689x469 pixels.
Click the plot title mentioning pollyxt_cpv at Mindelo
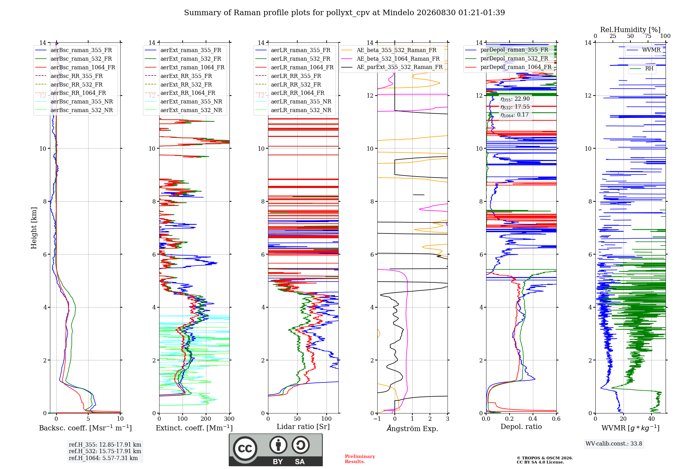click(344, 13)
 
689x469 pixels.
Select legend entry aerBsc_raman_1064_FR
click(83, 67)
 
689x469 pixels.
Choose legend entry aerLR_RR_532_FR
click(296, 84)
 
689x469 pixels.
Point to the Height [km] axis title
click(34, 228)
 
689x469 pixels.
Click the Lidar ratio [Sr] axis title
click(303, 427)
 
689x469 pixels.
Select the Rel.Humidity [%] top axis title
click(630, 30)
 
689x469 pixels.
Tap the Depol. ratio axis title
click(521, 427)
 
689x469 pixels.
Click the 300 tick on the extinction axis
click(229, 419)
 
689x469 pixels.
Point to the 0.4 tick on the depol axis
click(533, 419)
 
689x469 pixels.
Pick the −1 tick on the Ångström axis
click(377, 419)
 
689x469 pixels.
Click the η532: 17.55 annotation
click(515, 107)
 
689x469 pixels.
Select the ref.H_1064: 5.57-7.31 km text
click(103, 458)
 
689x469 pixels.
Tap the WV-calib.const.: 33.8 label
click(614, 444)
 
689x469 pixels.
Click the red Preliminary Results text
click(360, 459)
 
